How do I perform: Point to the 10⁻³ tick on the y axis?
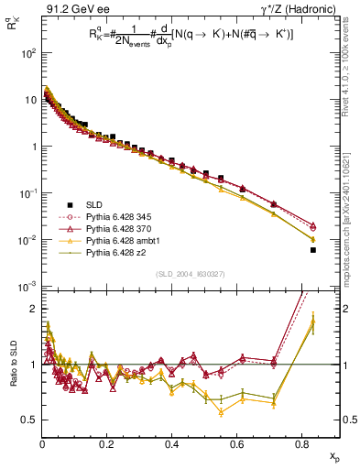coord(27,288)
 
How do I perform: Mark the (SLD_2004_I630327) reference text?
coord(181,275)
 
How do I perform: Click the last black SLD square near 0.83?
coord(313,250)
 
